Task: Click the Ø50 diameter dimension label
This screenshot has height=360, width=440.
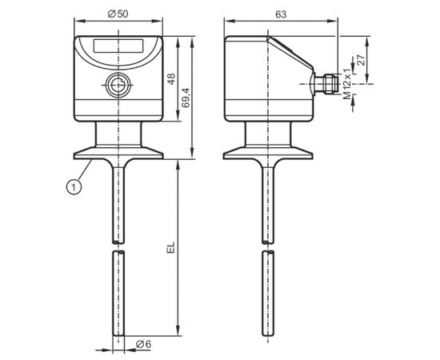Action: [x=118, y=14]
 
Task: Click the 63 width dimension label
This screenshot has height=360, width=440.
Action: [x=281, y=14]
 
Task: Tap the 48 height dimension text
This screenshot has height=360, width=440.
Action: [x=171, y=78]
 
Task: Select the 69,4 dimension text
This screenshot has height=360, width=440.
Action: [x=186, y=98]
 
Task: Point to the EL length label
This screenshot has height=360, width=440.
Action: [x=171, y=247]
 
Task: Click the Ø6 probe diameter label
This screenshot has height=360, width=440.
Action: [x=143, y=344]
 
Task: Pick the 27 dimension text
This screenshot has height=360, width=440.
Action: [x=362, y=60]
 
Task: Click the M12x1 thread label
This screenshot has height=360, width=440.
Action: [x=347, y=84]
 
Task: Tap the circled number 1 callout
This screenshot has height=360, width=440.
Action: [x=74, y=187]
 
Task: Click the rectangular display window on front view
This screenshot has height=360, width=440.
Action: [x=118, y=46]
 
